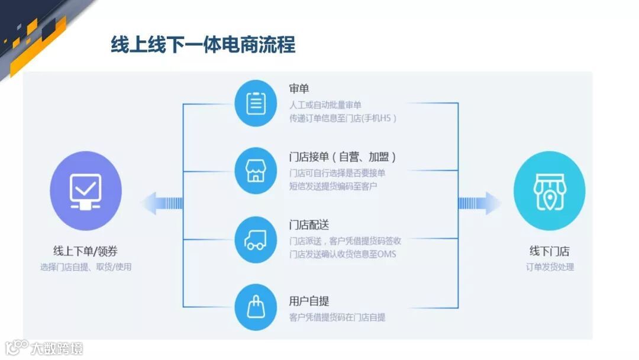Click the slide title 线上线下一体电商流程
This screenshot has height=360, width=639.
[x=203, y=44]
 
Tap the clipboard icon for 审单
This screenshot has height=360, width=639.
[x=256, y=104]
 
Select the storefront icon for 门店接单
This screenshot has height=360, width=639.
[x=256, y=171]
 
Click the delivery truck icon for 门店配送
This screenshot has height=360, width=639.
[x=256, y=239]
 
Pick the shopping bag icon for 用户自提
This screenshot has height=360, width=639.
[x=256, y=307]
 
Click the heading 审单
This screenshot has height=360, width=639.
[x=299, y=89]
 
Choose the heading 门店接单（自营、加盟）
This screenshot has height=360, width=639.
[x=343, y=157]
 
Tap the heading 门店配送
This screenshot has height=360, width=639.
[x=309, y=225]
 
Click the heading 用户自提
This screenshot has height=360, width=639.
[x=309, y=301]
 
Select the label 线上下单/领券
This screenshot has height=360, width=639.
[x=86, y=251]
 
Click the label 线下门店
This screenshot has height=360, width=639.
[x=550, y=251]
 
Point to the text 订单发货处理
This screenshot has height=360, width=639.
[x=550, y=267]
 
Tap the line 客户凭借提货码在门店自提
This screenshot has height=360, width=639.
[x=337, y=318]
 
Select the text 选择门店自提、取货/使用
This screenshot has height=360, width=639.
[x=86, y=267]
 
